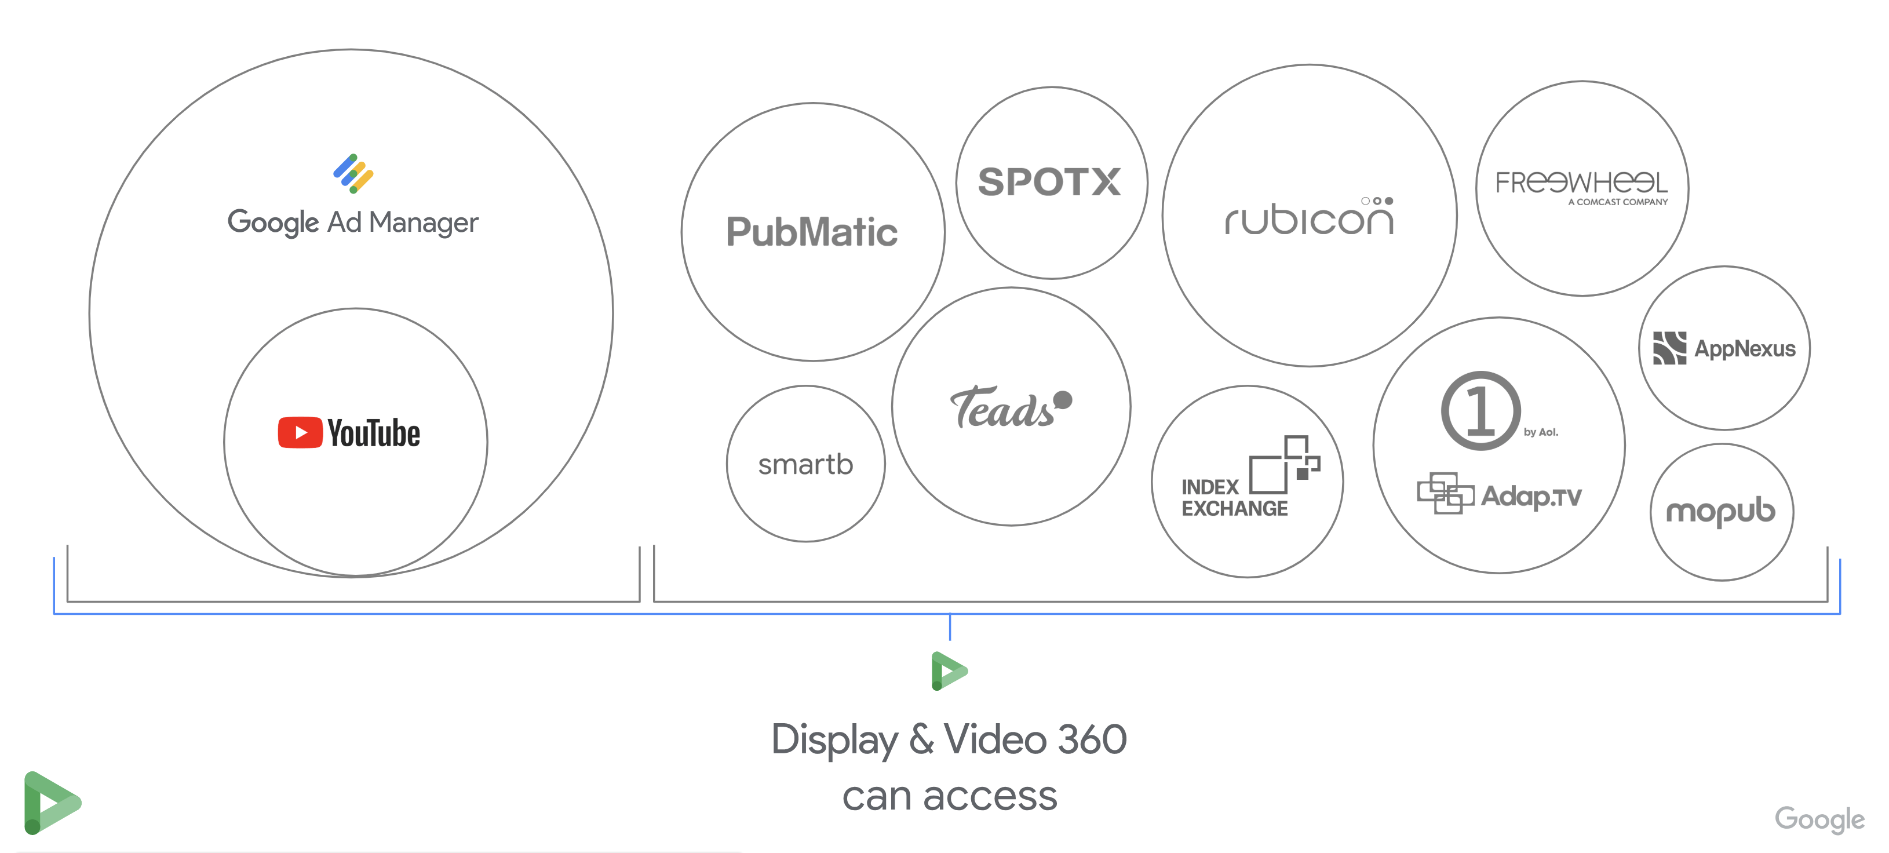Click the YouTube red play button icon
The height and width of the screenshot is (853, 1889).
tap(300, 433)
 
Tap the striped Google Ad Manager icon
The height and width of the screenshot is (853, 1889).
tap(353, 174)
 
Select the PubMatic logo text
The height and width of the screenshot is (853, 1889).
tap(811, 232)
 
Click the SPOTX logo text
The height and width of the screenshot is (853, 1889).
tap(1049, 182)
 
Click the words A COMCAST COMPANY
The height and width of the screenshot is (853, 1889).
tap(1618, 202)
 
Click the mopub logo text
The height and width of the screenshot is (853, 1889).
tap(1720, 511)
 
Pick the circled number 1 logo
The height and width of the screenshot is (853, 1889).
tap(1480, 411)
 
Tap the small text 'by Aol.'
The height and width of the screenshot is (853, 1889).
tap(1541, 432)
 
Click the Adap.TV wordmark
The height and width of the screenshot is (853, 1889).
tap(1531, 497)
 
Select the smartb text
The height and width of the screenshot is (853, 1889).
tap(805, 464)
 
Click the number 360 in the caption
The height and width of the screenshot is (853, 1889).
tap(1092, 739)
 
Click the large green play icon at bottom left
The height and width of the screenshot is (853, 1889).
tap(50, 803)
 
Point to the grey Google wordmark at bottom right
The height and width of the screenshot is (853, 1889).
tap(1819, 819)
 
